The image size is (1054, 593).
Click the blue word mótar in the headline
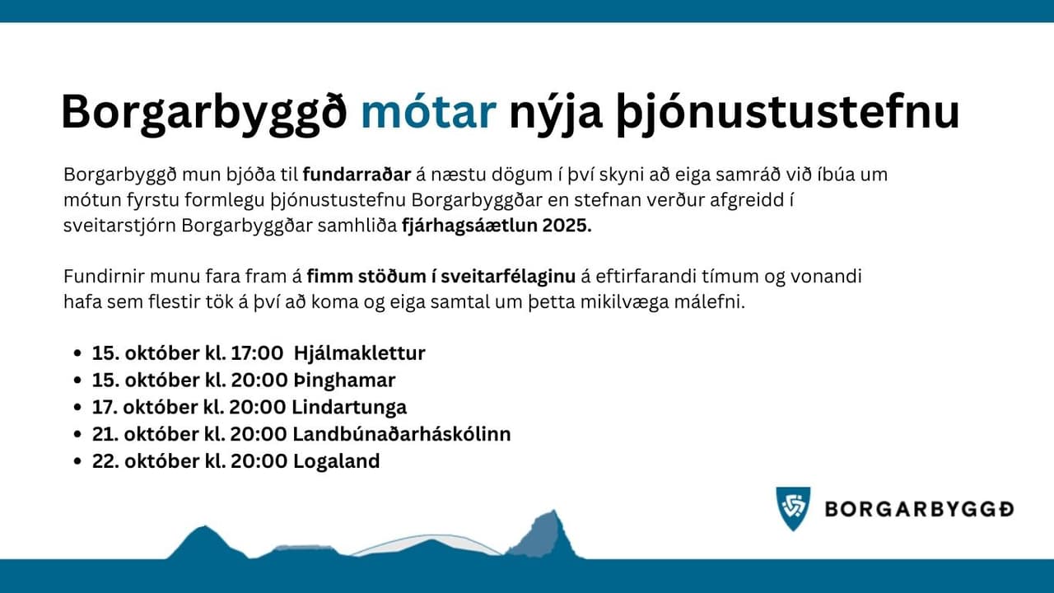coord(429,112)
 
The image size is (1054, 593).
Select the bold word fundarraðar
coord(357,174)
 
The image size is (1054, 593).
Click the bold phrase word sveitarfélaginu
coord(508,276)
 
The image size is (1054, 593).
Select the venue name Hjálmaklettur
coord(360,353)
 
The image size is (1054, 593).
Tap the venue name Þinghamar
coord(344,381)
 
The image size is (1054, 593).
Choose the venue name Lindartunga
coord(349,407)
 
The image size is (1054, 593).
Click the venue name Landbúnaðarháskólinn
coord(402,434)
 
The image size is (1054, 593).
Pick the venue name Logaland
coord(337,461)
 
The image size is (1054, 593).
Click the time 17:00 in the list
coord(256,353)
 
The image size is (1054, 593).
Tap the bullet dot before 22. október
coord(78,461)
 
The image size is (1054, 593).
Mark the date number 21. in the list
coord(105,434)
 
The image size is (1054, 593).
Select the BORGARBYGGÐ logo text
coord(920,510)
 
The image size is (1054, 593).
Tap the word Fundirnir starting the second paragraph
coord(104,276)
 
